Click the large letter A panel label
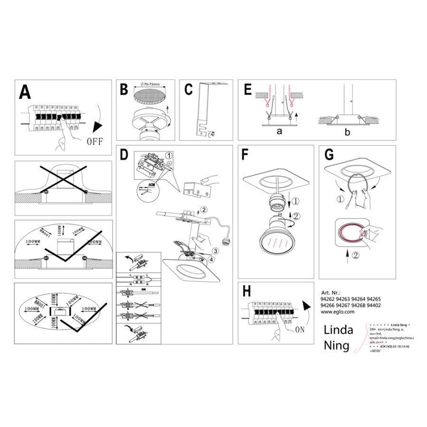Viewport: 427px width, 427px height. pyautogui.click(x=26, y=92)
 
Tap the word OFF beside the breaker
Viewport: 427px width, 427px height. pyautogui.click(x=96, y=141)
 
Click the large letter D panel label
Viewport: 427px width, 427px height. pyautogui.click(x=124, y=155)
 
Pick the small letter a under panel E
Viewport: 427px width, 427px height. pyautogui.click(x=279, y=132)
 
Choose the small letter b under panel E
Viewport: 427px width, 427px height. pyautogui.click(x=348, y=132)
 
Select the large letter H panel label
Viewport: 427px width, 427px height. pyautogui.click(x=248, y=291)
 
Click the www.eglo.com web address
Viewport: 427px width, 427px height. pyautogui.click(x=338, y=312)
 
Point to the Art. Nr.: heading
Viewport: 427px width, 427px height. pyautogui.click(x=331, y=293)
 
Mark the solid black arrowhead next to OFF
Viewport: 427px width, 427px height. pyautogui.click(x=98, y=127)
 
